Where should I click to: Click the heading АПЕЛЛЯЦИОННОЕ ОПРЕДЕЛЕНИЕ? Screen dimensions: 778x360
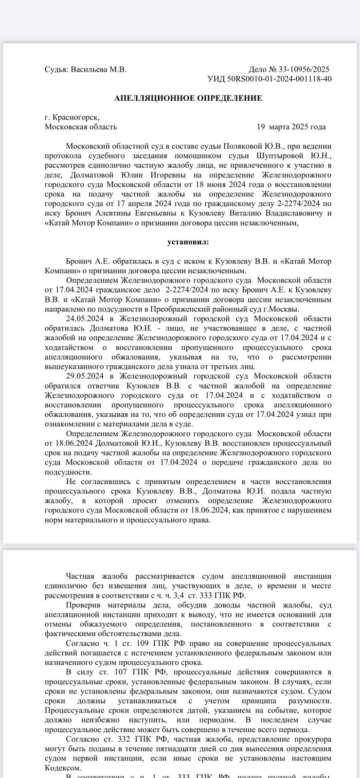[188, 98]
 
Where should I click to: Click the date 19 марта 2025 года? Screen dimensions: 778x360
[291, 127]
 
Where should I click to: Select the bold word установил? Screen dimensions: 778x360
[188, 242]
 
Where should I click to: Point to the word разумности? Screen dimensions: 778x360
[309, 701]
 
